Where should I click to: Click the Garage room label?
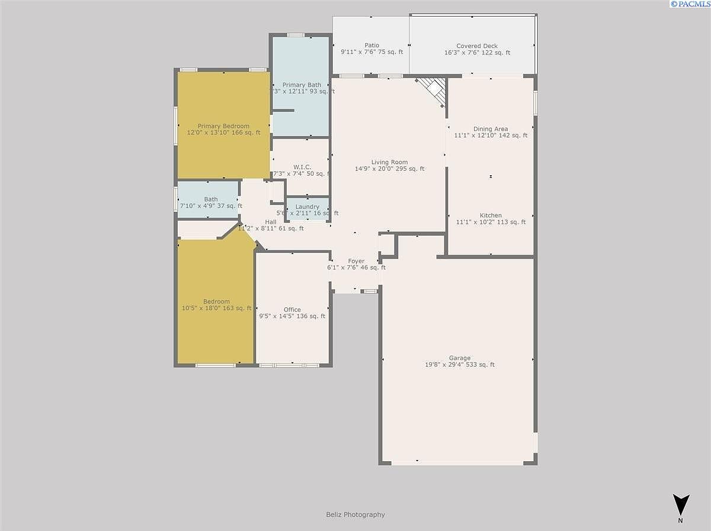click(459, 358)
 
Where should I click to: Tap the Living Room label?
click(389, 162)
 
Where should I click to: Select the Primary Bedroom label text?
click(223, 126)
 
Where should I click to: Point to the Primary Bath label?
click(302, 85)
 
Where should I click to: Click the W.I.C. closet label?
click(302, 167)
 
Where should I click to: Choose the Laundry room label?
click(307, 207)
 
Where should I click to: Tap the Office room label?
click(292, 310)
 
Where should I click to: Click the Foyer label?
click(356, 261)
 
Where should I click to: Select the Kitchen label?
click(491, 215)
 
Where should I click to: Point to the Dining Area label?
click(490, 129)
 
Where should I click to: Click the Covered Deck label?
click(477, 46)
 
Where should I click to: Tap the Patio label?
click(371, 45)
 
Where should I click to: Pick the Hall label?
click(271, 222)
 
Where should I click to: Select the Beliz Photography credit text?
click(355, 514)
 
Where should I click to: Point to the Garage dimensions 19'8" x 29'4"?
click(459, 365)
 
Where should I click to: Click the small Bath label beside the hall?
click(210, 199)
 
